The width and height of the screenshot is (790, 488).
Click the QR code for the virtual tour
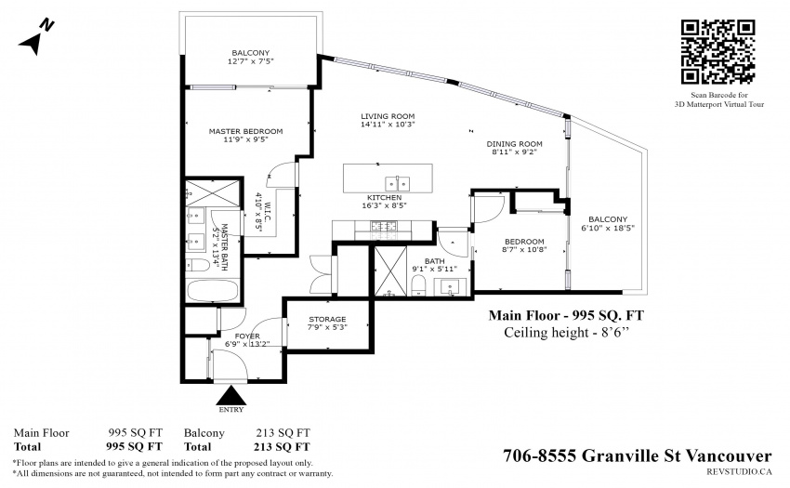click(x=718, y=51)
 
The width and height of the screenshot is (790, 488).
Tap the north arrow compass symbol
click(x=35, y=38)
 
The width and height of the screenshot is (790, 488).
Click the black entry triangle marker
click(x=231, y=395)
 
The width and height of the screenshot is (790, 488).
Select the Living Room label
click(x=388, y=116)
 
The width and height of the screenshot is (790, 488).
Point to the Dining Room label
click(x=514, y=144)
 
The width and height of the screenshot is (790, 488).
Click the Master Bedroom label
click(x=246, y=131)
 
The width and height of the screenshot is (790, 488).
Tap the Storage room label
click(x=327, y=319)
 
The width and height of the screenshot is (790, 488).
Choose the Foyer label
click(x=247, y=336)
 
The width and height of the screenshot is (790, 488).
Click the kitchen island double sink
click(x=398, y=183)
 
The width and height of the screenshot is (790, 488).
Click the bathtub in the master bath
click(x=212, y=291)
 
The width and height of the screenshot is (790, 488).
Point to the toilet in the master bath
click(x=197, y=266)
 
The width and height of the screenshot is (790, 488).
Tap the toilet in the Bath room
click(x=419, y=287)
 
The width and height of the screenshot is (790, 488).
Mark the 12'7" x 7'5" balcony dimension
click(x=250, y=61)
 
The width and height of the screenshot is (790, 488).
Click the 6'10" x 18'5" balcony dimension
click(x=608, y=228)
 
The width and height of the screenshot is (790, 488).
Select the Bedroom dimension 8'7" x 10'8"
click(x=524, y=249)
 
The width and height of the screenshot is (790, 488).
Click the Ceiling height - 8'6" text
click(x=567, y=333)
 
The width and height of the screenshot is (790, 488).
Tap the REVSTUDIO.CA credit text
click(x=739, y=472)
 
